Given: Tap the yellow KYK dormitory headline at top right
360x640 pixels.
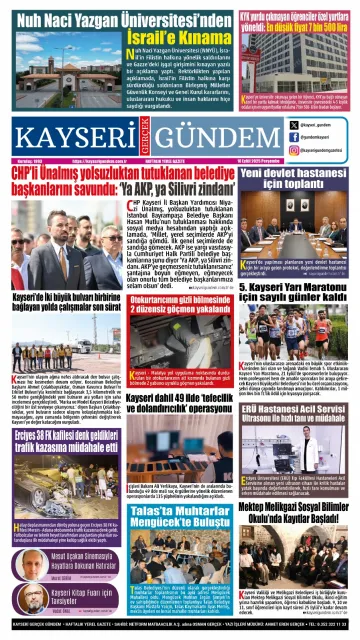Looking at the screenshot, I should [297, 21].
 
